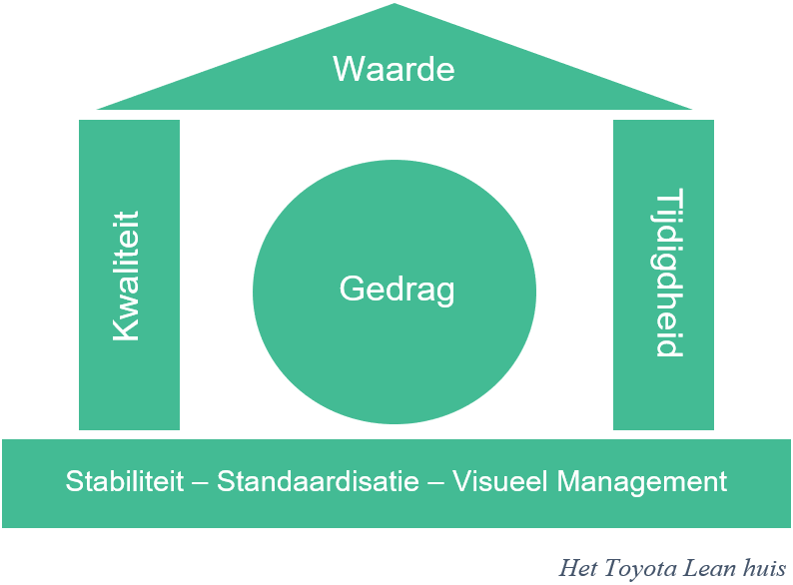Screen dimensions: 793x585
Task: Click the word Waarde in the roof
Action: click(x=394, y=69)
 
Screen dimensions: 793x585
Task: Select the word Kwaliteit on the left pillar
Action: click(x=127, y=276)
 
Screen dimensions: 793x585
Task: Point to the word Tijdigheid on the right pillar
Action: click(x=666, y=273)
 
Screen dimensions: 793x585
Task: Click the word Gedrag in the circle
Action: click(x=396, y=291)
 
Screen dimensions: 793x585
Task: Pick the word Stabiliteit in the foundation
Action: click(x=125, y=481)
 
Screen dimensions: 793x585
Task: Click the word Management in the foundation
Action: click(x=642, y=481)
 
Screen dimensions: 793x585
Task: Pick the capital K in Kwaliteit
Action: click(x=127, y=330)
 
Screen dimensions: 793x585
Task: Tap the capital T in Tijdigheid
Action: click(x=666, y=196)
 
